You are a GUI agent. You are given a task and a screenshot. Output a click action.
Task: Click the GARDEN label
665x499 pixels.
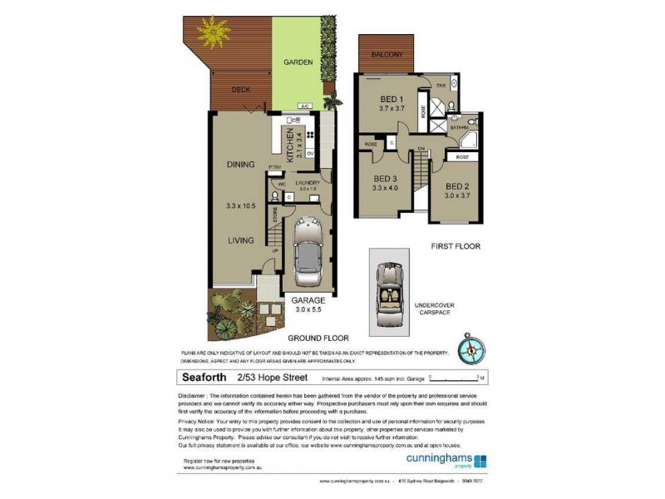297,62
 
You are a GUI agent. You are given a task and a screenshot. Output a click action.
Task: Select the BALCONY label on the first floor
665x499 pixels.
387,55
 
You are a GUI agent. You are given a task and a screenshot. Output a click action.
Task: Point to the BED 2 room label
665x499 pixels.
458,186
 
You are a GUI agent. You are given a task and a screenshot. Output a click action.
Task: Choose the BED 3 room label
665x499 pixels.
387,179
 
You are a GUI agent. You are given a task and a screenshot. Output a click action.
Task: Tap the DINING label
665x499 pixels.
240,165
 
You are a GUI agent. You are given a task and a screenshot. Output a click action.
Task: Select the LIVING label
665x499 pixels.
240,241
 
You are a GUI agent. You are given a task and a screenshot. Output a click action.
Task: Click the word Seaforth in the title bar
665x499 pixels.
206,377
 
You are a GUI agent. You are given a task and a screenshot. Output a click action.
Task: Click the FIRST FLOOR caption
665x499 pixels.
456,246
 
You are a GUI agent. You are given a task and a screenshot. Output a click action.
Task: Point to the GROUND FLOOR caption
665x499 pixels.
318,338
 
